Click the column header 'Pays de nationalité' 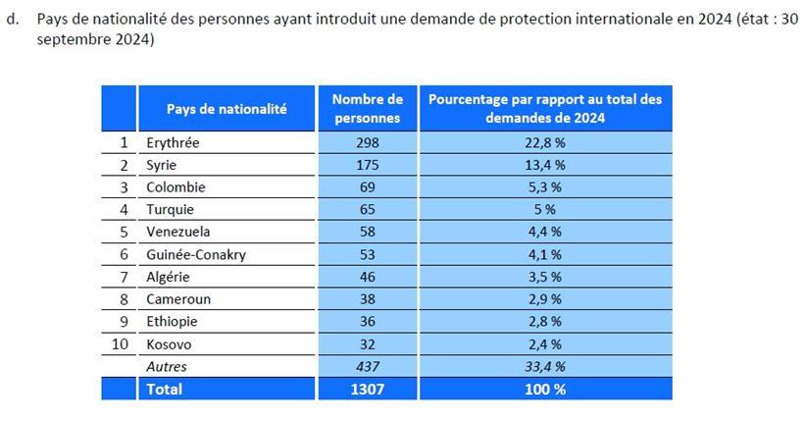(226, 109)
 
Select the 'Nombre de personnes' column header (367, 109)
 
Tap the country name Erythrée (173, 143)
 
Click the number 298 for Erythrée (367, 143)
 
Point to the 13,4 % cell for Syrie (545, 165)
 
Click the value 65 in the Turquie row (367, 209)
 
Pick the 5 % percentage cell (545, 209)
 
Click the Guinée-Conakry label (195, 254)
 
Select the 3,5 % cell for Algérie (545, 277)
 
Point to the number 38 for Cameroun (367, 299)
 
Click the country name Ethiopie (173, 322)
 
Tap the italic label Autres (166, 366)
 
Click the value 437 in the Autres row (367, 366)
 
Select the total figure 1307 (367, 389)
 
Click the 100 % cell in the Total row (545, 389)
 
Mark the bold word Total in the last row (164, 389)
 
